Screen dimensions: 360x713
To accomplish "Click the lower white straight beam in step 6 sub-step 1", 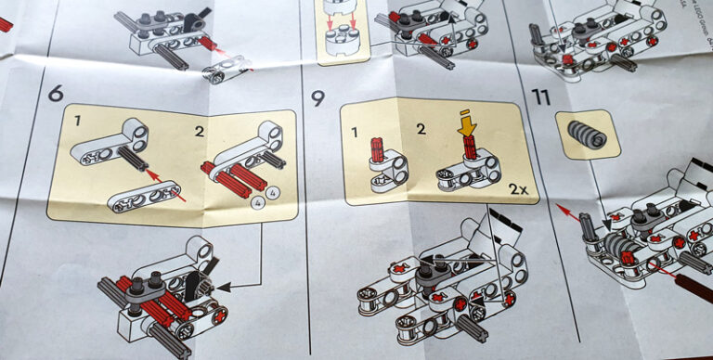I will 145,198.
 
